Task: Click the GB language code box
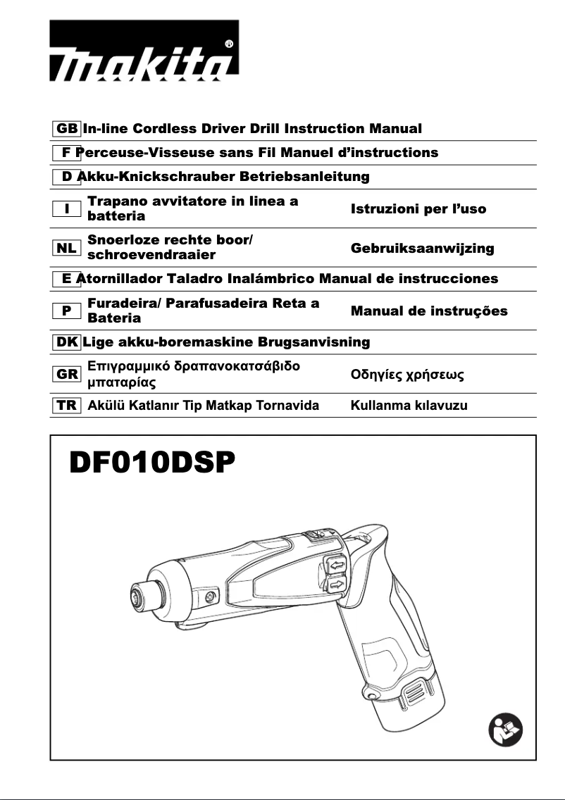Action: (67, 129)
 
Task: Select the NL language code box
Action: (67, 248)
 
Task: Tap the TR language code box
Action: (67, 406)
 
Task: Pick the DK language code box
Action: (67, 342)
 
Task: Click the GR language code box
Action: (67, 375)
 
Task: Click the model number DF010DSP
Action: (151, 465)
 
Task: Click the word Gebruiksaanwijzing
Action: (422, 249)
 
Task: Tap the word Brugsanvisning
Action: (313, 342)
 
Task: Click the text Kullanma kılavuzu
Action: (409, 406)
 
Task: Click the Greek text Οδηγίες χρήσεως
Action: (407, 375)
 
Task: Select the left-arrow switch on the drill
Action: (336, 564)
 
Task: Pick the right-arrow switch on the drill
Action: (337, 585)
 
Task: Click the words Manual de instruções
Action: (428, 311)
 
